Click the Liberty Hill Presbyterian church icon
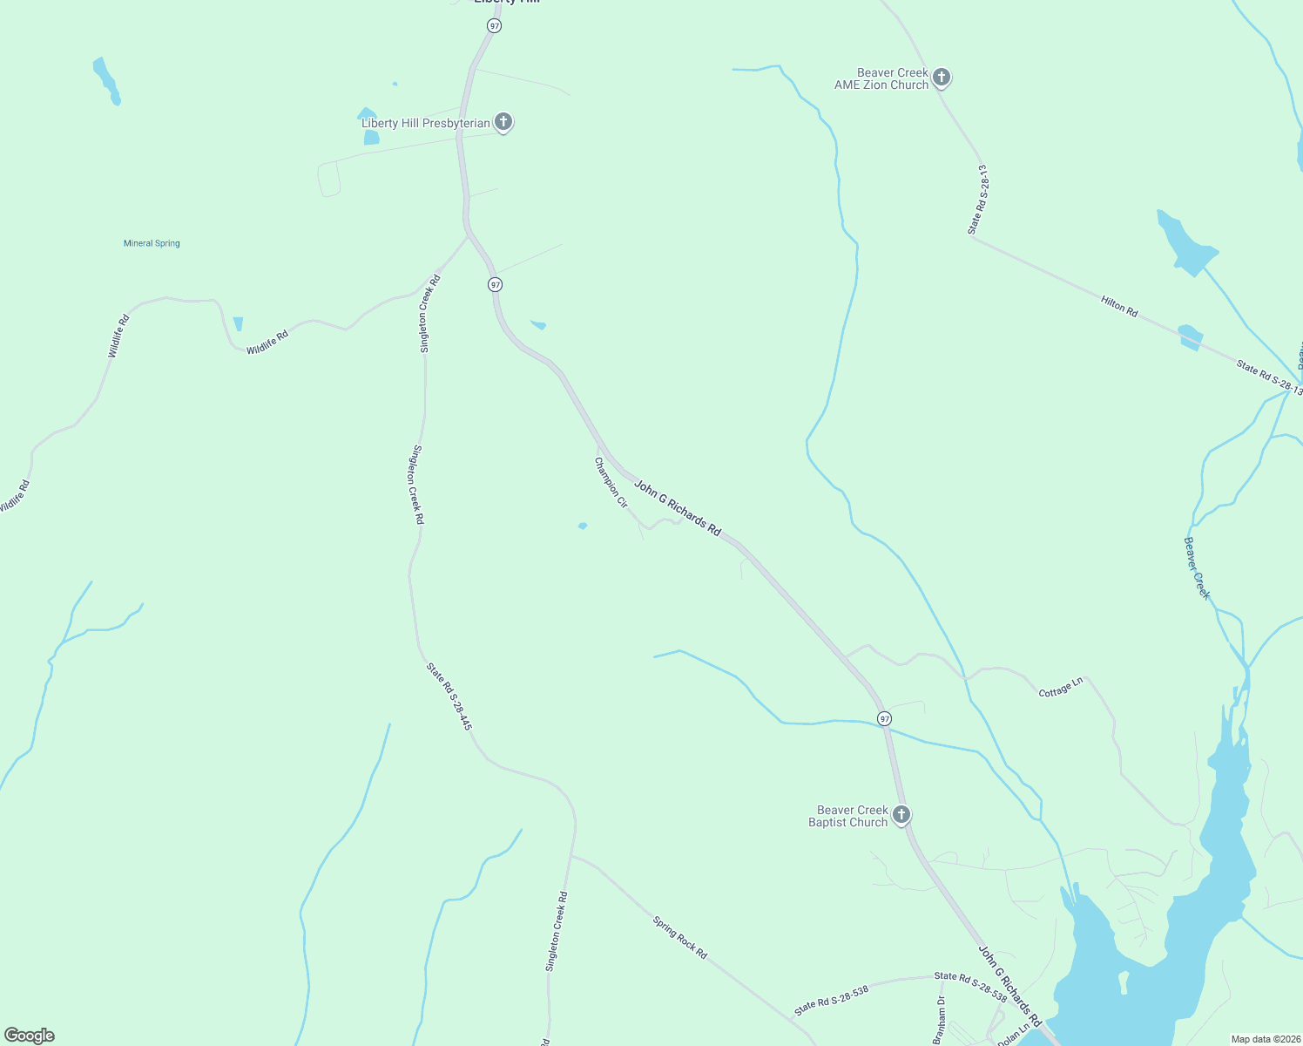tap(503, 122)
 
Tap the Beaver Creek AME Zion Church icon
tap(941, 78)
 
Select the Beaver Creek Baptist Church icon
tap(901, 815)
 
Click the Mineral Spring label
tap(152, 243)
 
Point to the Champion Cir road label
tap(611, 482)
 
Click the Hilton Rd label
tap(1119, 306)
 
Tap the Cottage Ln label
tap(1061, 687)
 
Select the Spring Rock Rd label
tap(680, 937)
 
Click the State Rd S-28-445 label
tap(449, 696)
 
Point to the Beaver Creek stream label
tap(1197, 568)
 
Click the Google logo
tap(30, 1036)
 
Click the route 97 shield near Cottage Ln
tap(885, 718)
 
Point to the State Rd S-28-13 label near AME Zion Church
tap(977, 200)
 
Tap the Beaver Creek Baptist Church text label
tap(848, 816)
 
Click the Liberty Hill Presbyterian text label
tap(426, 123)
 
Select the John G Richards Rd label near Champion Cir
tap(678, 507)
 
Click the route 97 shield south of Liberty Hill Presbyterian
tap(495, 284)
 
